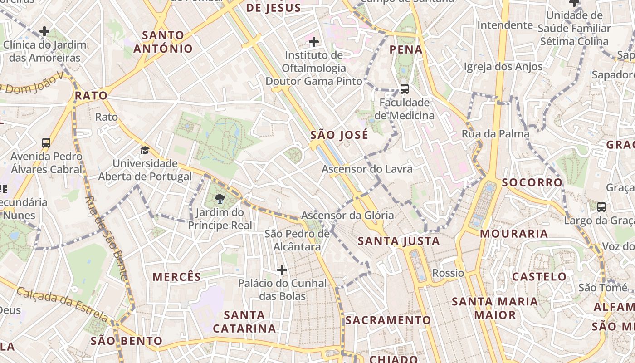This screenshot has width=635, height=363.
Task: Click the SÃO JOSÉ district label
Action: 339,135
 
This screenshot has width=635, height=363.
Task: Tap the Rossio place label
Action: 448,273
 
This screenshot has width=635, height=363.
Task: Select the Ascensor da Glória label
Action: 347,215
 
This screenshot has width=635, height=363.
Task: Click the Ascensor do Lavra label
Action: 367,169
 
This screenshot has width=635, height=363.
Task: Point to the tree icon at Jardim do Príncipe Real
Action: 220,198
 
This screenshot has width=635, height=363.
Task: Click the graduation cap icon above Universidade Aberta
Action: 145,150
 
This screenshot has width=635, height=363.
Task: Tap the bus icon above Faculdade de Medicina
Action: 404,89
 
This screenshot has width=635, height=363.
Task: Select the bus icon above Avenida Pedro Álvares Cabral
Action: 46,143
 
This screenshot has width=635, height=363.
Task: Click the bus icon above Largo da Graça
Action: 601,207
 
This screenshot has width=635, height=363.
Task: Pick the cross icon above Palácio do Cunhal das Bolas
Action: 282,270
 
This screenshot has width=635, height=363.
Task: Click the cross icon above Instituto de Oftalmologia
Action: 313,42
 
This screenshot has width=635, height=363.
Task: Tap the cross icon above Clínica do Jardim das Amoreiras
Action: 44,31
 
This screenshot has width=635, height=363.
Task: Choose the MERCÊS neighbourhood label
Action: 176,277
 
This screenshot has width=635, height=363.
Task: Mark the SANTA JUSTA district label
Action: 399,241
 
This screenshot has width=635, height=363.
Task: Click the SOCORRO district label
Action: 532,182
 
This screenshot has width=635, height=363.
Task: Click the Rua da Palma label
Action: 495,134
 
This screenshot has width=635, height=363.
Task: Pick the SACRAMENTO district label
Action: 388,320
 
